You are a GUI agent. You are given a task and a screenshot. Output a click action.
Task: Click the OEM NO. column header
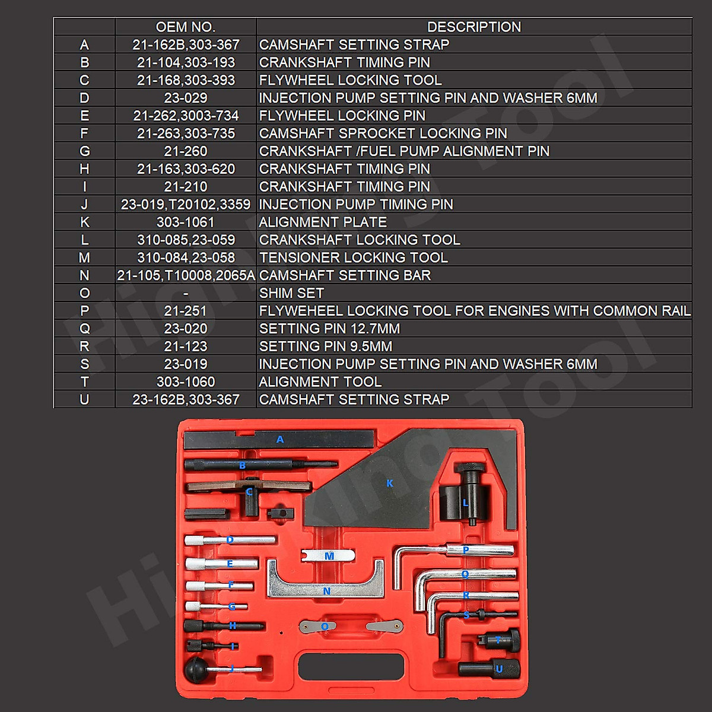click(x=185, y=27)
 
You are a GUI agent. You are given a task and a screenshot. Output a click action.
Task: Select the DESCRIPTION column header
click(x=473, y=27)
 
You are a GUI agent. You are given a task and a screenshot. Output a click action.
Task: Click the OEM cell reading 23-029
click(x=185, y=98)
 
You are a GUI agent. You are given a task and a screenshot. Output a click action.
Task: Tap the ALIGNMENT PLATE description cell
click(x=323, y=223)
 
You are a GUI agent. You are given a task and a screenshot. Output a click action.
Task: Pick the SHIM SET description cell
click(x=291, y=293)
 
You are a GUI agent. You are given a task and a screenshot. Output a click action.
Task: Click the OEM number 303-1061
click(x=185, y=223)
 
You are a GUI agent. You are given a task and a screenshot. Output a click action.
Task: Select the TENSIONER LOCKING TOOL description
click(x=353, y=258)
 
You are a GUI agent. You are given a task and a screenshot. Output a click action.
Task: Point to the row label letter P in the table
click(x=84, y=311)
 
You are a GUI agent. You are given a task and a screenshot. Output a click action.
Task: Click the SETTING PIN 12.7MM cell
click(x=329, y=329)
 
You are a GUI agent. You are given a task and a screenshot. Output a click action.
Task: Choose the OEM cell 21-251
click(x=185, y=311)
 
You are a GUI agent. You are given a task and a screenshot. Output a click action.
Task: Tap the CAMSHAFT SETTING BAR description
click(x=345, y=275)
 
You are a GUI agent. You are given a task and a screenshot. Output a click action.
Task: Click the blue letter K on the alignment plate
click(x=390, y=484)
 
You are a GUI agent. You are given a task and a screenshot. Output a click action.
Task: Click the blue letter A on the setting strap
click(x=280, y=440)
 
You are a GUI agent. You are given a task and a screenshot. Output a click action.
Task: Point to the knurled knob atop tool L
click(x=470, y=468)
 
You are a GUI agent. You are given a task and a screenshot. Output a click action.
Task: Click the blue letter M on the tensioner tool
click(x=329, y=556)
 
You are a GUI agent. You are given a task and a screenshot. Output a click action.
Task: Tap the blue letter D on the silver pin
click(x=230, y=540)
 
